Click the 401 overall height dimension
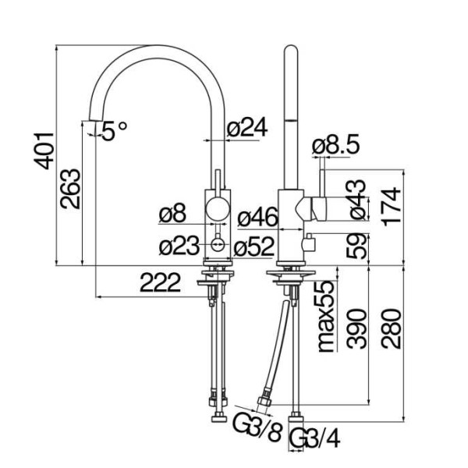tap(44, 151)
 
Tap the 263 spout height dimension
tap(70, 189)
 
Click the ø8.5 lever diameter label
tap(336, 144)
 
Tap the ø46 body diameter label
tap(258, 217)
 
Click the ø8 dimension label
tap(172, 214)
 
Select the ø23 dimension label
tap(179, 246)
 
